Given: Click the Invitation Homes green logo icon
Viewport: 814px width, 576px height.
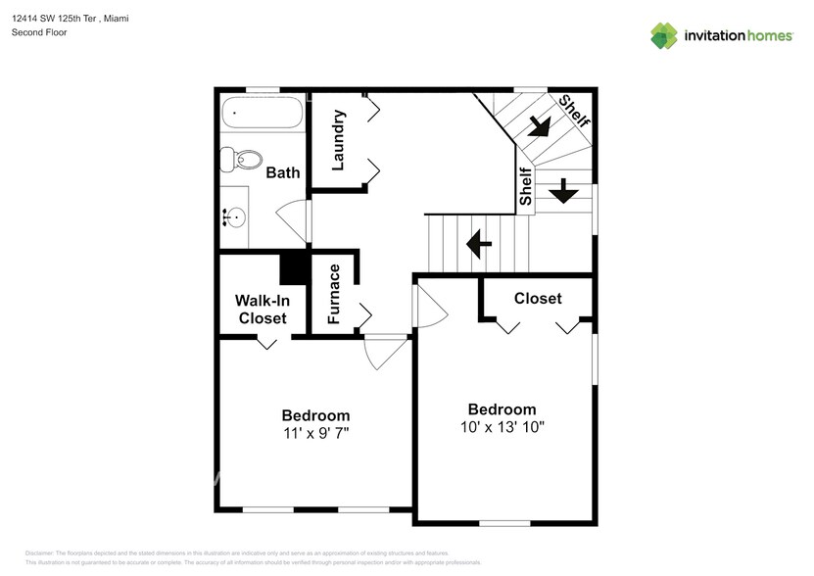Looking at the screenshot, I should click(x=665, y=35).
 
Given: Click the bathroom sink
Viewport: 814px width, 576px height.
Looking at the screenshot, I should click(x=235, y=217).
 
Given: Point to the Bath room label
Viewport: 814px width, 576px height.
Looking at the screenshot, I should click(x=283, y=173).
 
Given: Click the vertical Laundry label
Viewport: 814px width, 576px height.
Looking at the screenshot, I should click(x=338, y=140).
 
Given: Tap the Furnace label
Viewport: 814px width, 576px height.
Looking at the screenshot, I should click(x=334, y=294).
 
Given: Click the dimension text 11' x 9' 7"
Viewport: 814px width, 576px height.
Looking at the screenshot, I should click(x=315, y=432).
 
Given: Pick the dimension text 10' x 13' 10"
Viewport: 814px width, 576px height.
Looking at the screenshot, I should click(x=502, y=427).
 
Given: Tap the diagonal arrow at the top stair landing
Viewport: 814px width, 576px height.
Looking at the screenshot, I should click(x=537, y=125).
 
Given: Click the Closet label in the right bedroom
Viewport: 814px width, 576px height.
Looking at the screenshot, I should click(x=538, y=298).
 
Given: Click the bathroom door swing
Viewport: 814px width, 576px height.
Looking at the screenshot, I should click(x=293, y=217).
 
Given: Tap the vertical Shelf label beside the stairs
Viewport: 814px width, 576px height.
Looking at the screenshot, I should click(x=526, y=186).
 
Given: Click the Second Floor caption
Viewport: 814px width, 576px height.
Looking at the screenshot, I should click(x=39, y=32).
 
